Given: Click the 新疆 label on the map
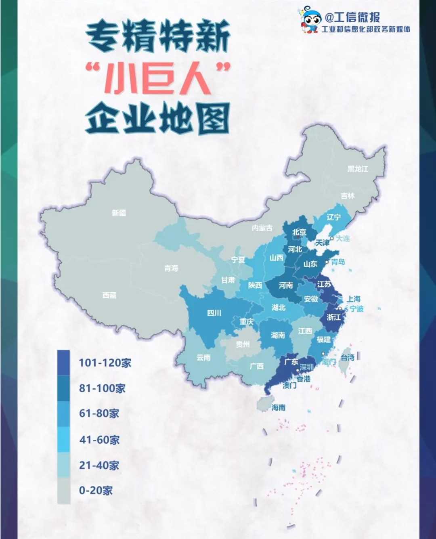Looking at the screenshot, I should pyautogui.click(x=119, y=213).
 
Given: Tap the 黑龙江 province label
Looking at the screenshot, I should pyautogui.click(x=358, y=169).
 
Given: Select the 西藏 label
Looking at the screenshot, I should pyautogui.click(x=109, y=296).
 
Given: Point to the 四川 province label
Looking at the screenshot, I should pyautogui.click(x=214, y=312).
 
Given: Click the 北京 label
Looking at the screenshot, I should pyautogui.click(x=299, y=232).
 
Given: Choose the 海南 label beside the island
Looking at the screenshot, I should pyautogui.click(x=279, y=407).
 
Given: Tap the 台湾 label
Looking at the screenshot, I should pyautogui.click(x=348, y=357).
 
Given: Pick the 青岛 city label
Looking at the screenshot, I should pyautogui.click(x=338, y=262).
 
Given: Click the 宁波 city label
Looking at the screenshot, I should pyautogui.click(x=356, y=309).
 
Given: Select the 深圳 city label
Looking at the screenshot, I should pyautogui.click(x=306, y=367).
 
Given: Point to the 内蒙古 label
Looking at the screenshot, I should pyautogui.click(x=262, y=228).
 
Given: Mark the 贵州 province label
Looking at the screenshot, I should pyautogui.click(x=243, y=344).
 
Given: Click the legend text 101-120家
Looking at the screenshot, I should pyautogui.click(x=105, y=363).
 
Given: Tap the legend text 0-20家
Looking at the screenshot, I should pyautogui.click(x=96, y=491).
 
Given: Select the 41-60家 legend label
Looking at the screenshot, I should pyautogui.click(x=99, y=440).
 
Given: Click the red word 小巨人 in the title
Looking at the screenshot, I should pyautogui.click(x=157, y=79).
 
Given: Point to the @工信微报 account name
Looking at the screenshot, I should pyautogui.click(x=352, y=17).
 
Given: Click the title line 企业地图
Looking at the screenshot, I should pyautogui.click(x=157, y=118).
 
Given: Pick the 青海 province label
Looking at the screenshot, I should pyautogui.click(x=171, y=268).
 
